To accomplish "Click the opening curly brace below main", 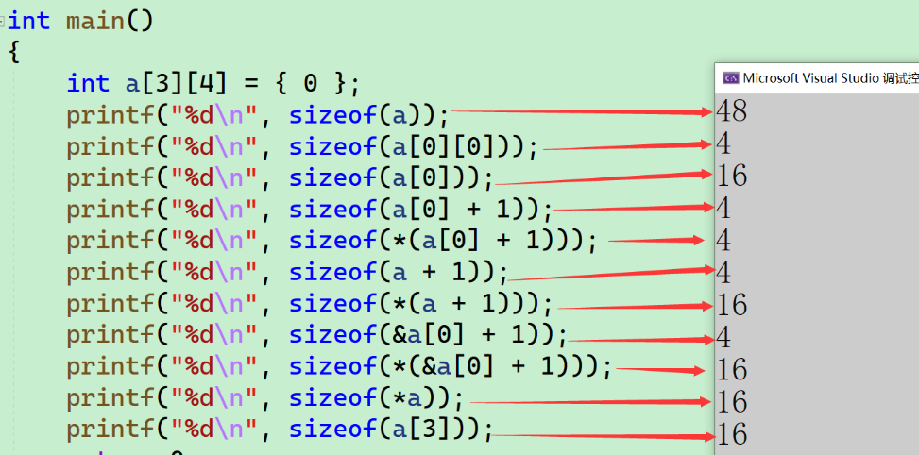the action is click(13, 52).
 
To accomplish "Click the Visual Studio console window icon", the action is click(730, 78).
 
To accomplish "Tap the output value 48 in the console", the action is click(732, 111).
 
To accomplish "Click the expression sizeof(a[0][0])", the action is click(413, 147).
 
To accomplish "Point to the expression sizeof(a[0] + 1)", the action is click(420, 209).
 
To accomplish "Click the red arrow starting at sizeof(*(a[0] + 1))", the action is click(655, 241).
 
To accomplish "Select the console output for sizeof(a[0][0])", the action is click(723, 143).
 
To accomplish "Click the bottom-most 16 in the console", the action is click(732, 433).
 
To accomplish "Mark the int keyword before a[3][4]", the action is click(88, 83).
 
